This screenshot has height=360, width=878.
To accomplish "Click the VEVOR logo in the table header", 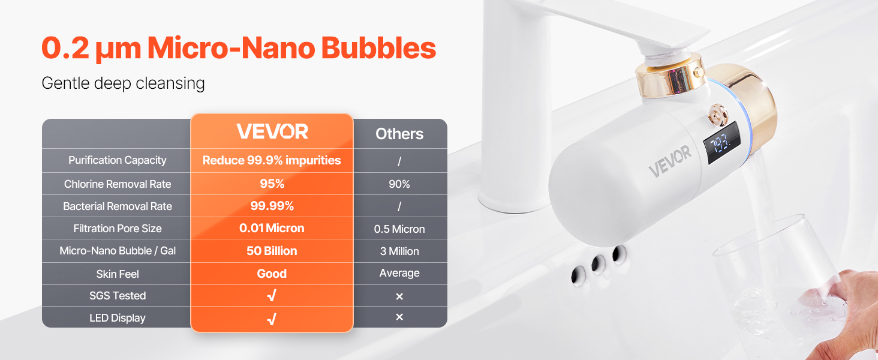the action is point(272,131).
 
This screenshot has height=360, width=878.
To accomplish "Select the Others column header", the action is point(399,134).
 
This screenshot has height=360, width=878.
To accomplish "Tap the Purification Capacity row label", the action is point(117,160).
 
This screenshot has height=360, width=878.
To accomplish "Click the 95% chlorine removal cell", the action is point(272,184).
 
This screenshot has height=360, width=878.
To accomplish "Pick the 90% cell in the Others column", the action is point(399,184).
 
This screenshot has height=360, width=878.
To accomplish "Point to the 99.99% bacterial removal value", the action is point(272,206).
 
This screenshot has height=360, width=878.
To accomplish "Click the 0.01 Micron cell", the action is point(272,228).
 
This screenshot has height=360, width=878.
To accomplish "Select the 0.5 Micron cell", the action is point(399,229).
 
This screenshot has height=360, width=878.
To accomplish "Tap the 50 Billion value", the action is point(272,251).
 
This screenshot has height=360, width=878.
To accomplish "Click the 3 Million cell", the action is point(399,251).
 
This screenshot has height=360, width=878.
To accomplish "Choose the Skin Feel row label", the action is point(118,274).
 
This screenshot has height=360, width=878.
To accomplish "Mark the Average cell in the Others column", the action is point(399,273).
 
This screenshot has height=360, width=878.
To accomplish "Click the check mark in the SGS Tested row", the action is point(272,295).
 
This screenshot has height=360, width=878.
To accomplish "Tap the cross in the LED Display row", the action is point(399,317).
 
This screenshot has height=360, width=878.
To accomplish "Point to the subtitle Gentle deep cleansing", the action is point(123,83).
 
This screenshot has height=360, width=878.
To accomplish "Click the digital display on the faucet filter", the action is point(722,143).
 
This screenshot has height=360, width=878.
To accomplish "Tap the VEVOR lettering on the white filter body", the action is point(670,161).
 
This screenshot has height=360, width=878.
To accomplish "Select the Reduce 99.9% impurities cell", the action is point(272,160).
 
